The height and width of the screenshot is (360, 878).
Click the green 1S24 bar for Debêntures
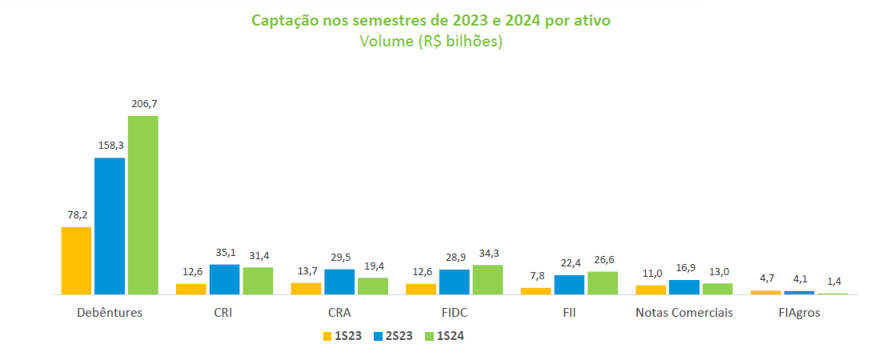tap(143, 205)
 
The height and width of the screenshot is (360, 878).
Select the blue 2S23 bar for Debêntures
tap(110, 226)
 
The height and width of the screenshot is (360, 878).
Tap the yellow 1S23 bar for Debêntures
tap(76, 261)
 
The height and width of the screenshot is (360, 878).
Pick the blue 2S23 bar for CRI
tap(225, 279)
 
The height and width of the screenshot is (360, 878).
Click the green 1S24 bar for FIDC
tap(487, 279)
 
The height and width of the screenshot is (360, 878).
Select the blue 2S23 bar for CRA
tap(339, 282)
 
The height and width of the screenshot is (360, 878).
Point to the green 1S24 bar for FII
tap(603, 283)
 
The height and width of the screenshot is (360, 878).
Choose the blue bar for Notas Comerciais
tap(684, 287)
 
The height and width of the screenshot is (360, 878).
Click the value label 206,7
tap(143, 104)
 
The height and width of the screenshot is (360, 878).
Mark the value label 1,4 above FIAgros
tap(832, 282)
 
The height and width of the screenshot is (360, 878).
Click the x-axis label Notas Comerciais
tap(684, 313)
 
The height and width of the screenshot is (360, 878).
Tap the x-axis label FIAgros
tap(798, 313)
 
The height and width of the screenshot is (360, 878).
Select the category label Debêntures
tap(110, 313)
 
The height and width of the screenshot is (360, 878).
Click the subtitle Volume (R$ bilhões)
tap(431, 42)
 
